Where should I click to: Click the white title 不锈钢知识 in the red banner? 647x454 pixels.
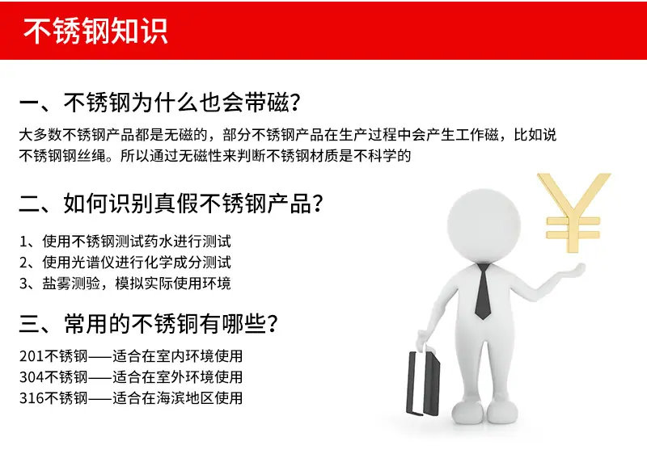[95, 31]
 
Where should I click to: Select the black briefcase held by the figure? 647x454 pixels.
[423, 382]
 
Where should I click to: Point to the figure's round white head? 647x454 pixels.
[484, 225]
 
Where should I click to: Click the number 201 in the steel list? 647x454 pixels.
[31, 356]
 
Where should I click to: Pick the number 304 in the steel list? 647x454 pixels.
[31, 377]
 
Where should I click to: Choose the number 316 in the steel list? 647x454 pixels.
[31, 398]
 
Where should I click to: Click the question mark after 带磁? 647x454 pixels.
[294, 103]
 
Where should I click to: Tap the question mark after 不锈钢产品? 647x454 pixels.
[317, 204]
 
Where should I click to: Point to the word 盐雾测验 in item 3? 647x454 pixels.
[71, 283]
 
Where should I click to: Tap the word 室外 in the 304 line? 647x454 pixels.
[170, 377]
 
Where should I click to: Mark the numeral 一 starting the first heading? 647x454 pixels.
[29, 103]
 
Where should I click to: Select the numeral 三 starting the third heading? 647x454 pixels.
[29, 325]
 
